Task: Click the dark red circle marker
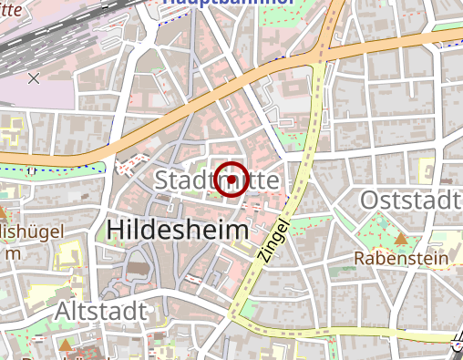232,179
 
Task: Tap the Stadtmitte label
217,180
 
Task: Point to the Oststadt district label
411,200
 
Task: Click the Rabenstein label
402,259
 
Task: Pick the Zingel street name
273,242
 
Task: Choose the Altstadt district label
100,311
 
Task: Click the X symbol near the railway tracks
34,78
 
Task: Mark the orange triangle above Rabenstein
401,239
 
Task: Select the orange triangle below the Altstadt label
65,345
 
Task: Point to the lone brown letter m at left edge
11,252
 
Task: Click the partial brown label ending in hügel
31,232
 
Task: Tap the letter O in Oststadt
372,200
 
